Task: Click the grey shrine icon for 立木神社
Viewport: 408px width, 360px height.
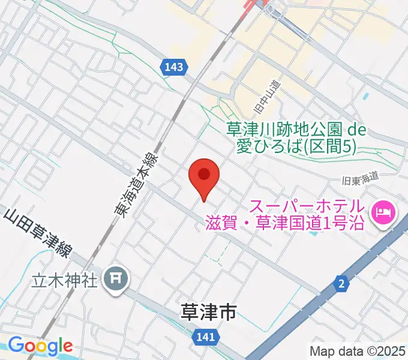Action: pyautogui.click(x=114, y=278)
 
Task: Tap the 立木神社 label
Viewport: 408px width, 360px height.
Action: pyautogui.click(x=64, y=280)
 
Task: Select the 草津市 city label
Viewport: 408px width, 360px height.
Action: pyautogui.click(x=208, y=311)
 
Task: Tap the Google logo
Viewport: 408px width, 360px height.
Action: pyautogui.click(x=40, y=346)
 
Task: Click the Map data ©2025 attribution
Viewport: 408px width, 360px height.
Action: pyautogui.click(x=356, y=351)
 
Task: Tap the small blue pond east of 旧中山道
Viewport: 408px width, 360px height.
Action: pyautogui.click(x=364, y=95)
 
